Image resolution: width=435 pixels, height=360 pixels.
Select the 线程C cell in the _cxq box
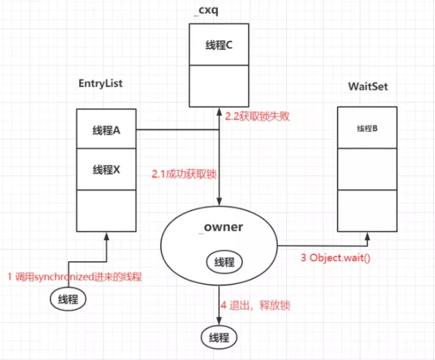pos(219,45)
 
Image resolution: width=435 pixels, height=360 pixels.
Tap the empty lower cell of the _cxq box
pos(219,85)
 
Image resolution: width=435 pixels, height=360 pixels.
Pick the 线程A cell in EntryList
pos(107,130)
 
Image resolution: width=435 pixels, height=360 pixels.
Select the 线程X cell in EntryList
pos(107,170)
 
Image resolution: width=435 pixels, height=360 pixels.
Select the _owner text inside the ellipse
pos(221,227)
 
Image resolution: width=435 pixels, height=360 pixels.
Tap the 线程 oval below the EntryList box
pos(69,299)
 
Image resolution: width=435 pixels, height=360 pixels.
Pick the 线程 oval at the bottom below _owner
pos(220,336)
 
